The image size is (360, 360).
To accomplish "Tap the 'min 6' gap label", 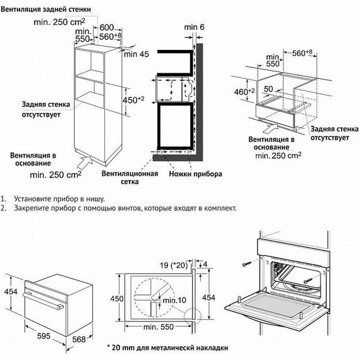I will point(195,27).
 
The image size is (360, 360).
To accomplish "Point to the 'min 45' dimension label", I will point(136,54).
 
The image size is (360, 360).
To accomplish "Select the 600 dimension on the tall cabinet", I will point(106,28).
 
